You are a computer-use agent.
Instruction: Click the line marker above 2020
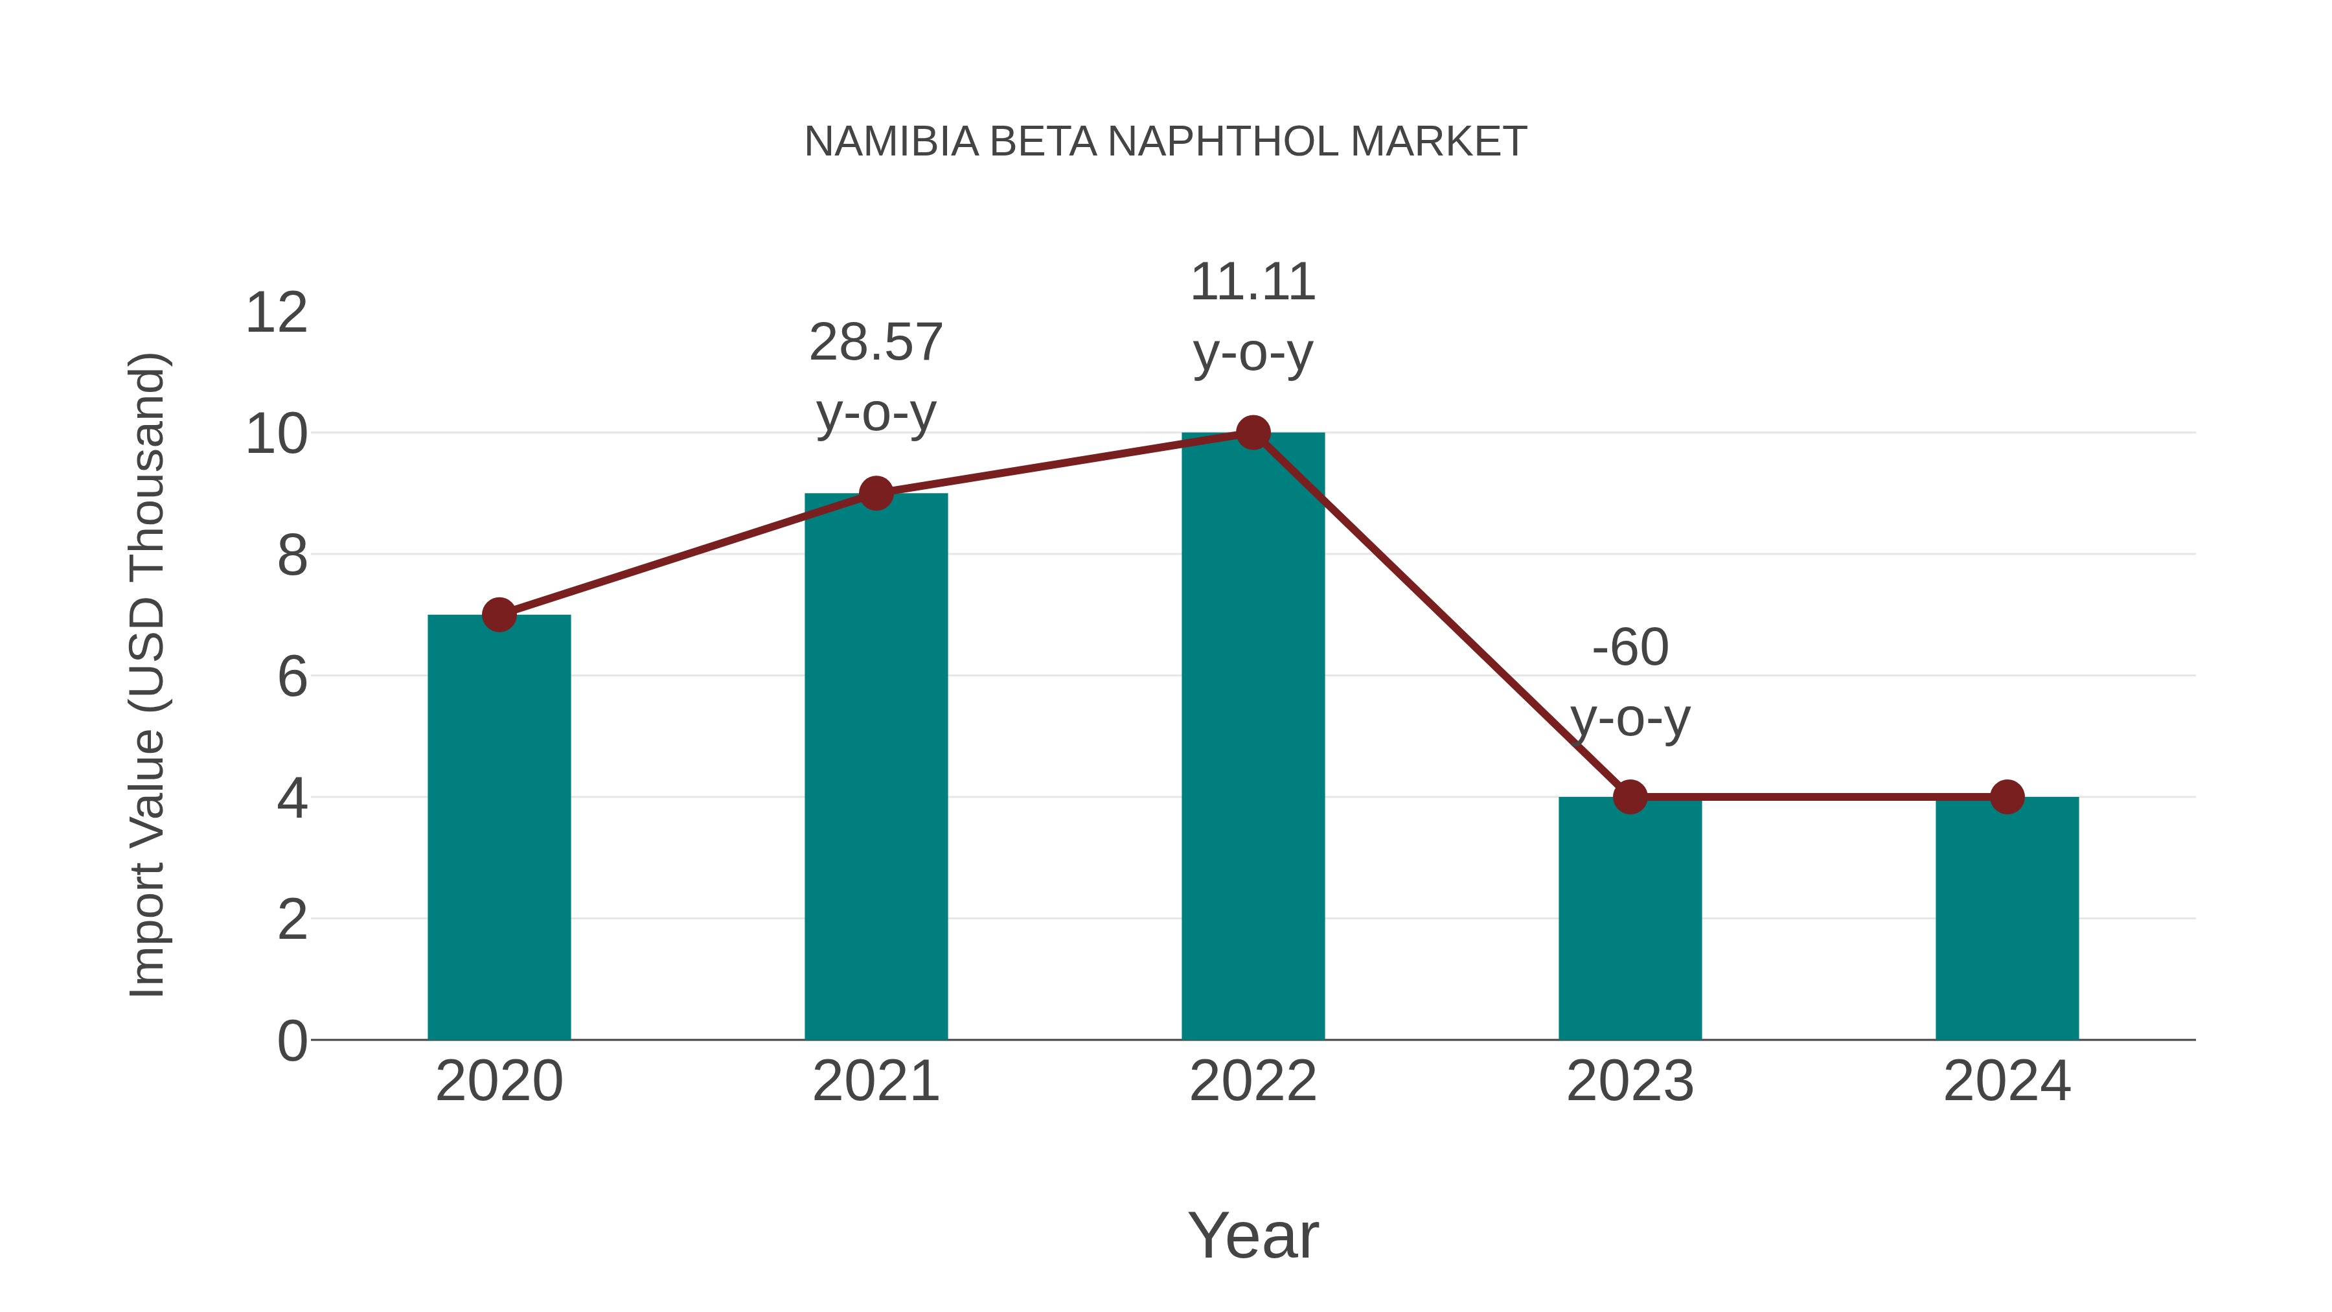tap(499, 615)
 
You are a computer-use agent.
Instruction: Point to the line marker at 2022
tap(1253, 433)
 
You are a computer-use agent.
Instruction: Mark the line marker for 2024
tap(2007, 797)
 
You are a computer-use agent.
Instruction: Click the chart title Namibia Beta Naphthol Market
tap(1165, 142)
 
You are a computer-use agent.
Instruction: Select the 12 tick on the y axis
tap(277, 314)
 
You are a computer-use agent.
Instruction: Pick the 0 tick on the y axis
tap(292, 1041)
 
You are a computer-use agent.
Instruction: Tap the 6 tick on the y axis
tap(292, 676)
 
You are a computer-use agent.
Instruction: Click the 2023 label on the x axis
tap(1630, 1081)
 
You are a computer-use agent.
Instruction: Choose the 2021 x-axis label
tap(875, 1081)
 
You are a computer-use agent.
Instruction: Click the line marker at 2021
tap(875, 494)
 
